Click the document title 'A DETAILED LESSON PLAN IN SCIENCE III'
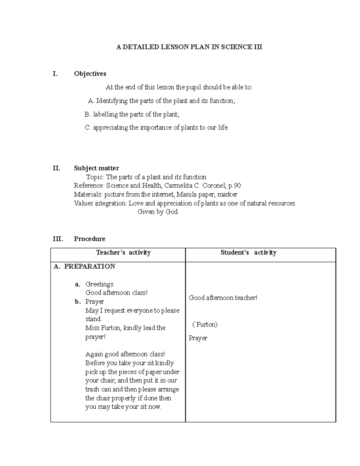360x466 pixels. click(x=189, y=47)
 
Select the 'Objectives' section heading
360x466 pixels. click(x=90, y=74)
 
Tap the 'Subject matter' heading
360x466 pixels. click(x=96, y=168)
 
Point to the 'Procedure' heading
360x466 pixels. click(x=89, y=239)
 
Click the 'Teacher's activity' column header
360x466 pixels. click(x=123, y=253)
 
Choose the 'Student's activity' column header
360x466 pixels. click(x=248, y=253)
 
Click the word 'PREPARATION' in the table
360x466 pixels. click(x=89, y=266)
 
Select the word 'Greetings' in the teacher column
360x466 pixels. click(x=99, y=284)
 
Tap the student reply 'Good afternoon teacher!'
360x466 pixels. click(x=223, y=298)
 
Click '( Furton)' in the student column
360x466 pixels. click(x=205, y=325)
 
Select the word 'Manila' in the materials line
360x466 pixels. click(x=186, y=194)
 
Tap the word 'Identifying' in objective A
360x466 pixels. click(x=112, y=101)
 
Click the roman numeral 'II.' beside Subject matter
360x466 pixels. click(x=56, y=168)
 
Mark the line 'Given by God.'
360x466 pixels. click(x=158, y=212)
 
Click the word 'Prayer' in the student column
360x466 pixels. click(x=198, y=338)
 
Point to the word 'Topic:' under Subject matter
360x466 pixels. click(x=95, y=177)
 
